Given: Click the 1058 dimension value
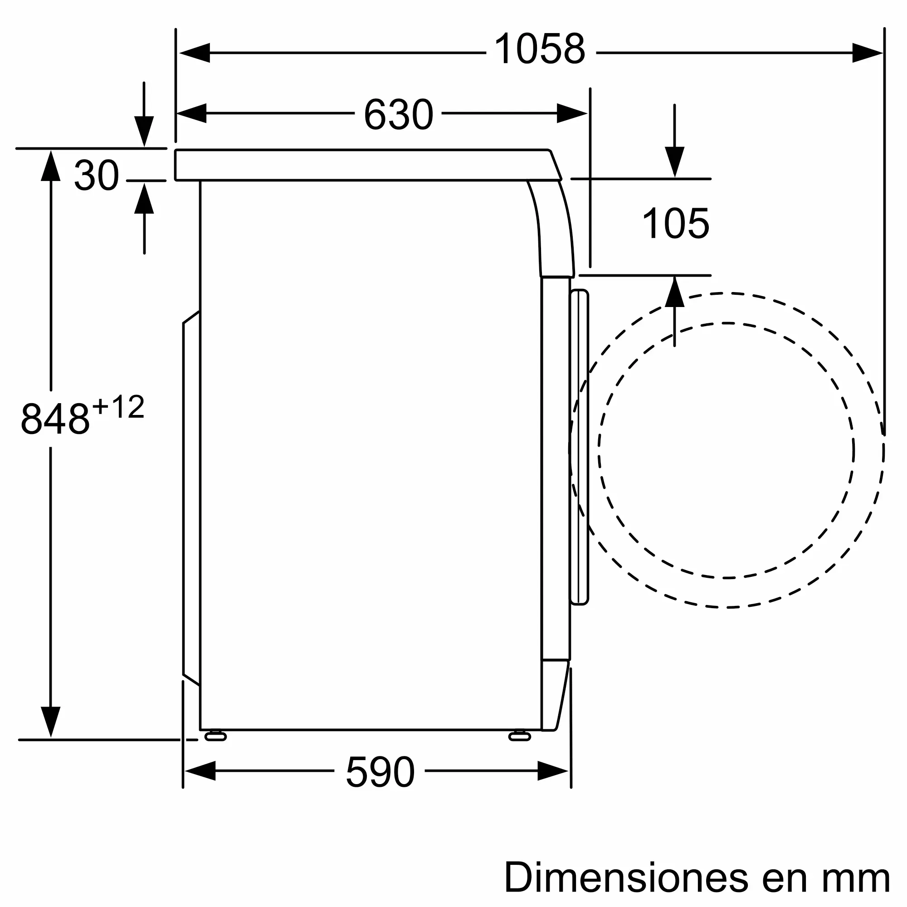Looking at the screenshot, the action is point(540,49).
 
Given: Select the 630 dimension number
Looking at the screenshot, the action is point(398,114).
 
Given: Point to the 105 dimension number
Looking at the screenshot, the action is point(676,224).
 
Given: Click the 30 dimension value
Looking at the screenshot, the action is point(97,175).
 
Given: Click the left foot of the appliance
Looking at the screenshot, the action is point(215,736).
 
